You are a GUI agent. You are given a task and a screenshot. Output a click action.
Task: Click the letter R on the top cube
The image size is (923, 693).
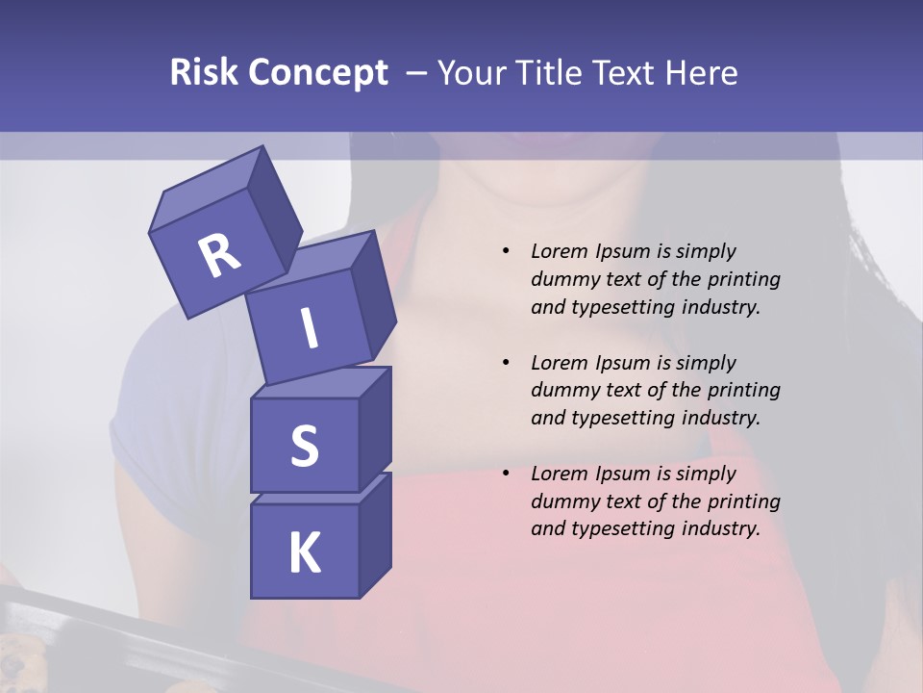click(219, 256)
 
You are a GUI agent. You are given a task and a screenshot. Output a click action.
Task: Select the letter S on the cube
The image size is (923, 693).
click(304, 446)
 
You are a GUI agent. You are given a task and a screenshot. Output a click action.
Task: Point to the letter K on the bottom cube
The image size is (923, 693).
click(304, 553)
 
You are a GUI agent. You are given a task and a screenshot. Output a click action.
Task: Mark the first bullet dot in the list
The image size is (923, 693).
click(506, 251)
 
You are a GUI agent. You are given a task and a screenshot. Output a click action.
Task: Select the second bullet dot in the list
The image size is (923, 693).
click(506, 363)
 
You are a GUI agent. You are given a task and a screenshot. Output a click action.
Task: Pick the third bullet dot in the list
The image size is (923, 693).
click(506, 474)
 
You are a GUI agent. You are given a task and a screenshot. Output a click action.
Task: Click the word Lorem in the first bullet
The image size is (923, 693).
click(557, 251)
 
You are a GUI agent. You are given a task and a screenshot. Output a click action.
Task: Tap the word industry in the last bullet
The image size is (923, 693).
click(717, 528)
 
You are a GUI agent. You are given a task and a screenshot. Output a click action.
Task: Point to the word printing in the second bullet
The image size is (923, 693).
click(742, 391)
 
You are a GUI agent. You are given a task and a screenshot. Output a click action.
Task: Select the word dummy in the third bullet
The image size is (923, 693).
click(561, 501)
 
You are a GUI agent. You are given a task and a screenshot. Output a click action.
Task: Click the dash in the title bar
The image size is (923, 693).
click(417, 72)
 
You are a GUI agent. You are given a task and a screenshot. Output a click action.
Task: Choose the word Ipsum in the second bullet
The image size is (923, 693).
click(620, 363)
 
